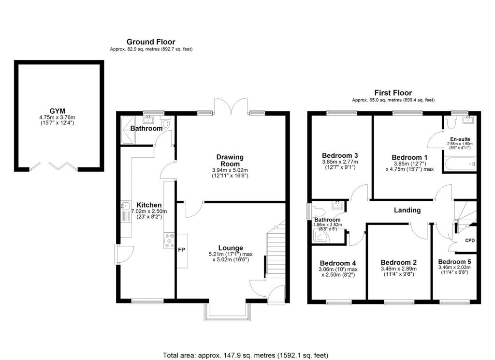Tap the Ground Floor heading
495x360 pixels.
(x=151, y=42)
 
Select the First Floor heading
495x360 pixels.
(x=393, y=93)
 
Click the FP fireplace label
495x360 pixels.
(x=182, y=251)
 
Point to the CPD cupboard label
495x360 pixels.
(x=469, y=240)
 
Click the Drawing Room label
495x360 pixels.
(x=230, y=160)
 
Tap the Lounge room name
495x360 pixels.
(x=230, y=248)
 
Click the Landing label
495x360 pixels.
(x=407, y=210)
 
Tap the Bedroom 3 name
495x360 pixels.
(x=340, y=155)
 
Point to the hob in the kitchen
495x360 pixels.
(x=169, y=240)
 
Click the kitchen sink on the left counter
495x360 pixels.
(x=124, y=210)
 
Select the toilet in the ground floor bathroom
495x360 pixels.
(x=166, y=124)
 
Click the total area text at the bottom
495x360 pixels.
(x=247, y=355)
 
